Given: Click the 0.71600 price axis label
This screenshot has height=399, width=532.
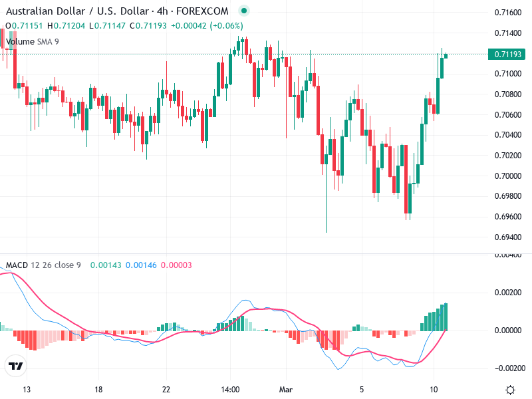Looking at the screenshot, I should tap(507, 12).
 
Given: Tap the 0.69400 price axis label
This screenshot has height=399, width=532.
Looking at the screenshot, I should tap(507, 237).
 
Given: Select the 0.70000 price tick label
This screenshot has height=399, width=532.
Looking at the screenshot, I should tap(507, 176).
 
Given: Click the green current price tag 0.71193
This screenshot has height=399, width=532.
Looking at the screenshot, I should tap(507, 54).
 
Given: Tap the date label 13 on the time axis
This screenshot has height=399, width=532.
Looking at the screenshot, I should tap(27, 390).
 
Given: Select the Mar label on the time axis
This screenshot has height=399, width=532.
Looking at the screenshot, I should tap(286, 390).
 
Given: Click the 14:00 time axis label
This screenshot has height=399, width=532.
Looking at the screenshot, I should tap(230, 390).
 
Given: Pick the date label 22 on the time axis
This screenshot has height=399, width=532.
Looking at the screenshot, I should tap(166, 390).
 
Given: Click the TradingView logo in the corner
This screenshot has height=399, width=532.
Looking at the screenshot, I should tap(15, 366).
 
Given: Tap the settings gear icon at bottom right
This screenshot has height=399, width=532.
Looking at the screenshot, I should tap(510, 390).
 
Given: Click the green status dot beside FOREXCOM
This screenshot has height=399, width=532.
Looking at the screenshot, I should tap(243, 11).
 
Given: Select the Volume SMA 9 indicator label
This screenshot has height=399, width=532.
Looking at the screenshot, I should tap(33, 41).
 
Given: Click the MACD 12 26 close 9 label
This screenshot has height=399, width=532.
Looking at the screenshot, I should tap(43, 265).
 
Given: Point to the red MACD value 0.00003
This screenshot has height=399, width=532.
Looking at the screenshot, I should tap(176, 265).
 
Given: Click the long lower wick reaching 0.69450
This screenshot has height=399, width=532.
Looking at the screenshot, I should tap(326, 213).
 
